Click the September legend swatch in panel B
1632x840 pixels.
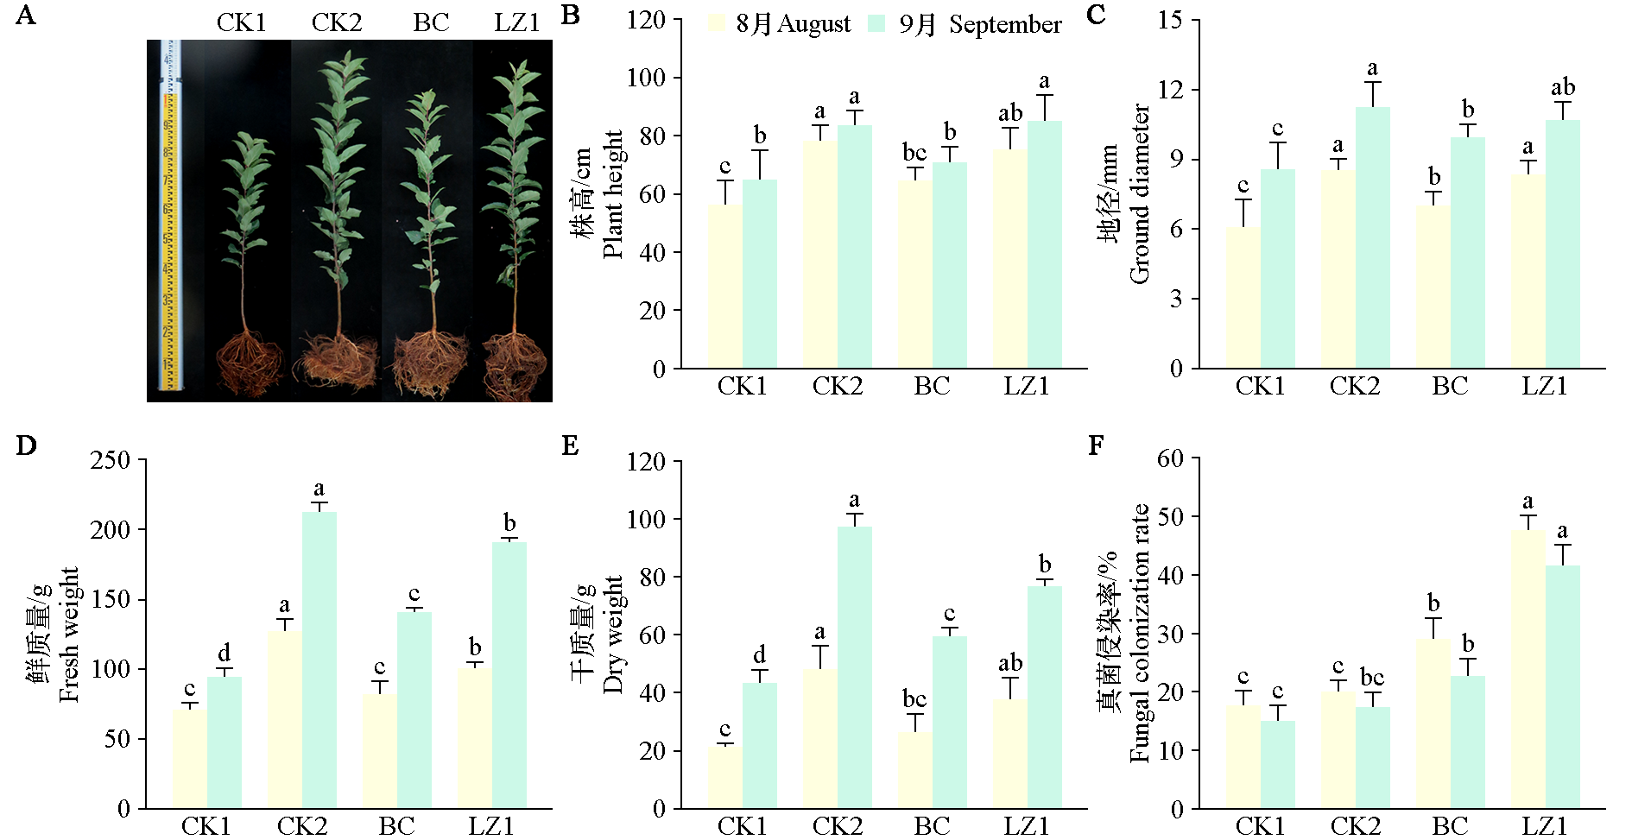pyautogui.click(x=877, y=24)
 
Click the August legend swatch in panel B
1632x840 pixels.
pyautogui.click(x=716, y=24)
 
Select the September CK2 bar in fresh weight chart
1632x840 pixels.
pyautogui.click(x=319, y=660)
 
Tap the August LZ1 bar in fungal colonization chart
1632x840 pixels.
pyautogui.click(x=1528, y=669)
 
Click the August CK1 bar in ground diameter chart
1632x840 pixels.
pyautogui.click(x=1243, y=298)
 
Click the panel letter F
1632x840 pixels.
pyautogui.click(x=1096, y=445)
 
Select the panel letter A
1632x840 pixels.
pyautogui.click(x=26, y=16)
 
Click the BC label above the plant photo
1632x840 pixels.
pyautogui.click(x=431, y=22)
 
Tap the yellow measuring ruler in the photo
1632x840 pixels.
pyautogui.click(x=170, y=216)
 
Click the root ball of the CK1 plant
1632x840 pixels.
pyautogui.click(x=250, y=363)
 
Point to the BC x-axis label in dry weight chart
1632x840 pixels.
pyautogui.click(x=932, y=825)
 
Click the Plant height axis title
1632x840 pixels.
pyautogui.click(x=612, y=194)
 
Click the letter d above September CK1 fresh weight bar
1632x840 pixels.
pyautogui.click(x=225, y=653)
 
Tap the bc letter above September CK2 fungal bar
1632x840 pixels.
pyautogui.click(x=1372, y=677)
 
